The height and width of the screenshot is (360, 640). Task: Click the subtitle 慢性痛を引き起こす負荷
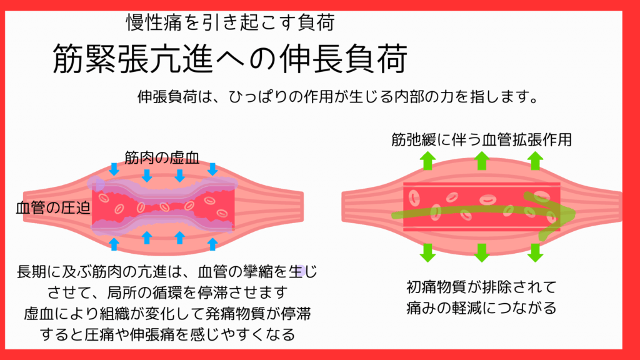231,22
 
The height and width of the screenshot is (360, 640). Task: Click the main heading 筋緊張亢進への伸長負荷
230,59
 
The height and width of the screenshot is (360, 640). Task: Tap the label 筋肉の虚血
162,158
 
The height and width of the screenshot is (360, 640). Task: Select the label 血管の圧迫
53,208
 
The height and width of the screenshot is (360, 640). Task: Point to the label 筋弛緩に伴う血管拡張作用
482,140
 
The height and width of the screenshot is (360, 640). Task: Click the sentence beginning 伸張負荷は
338,97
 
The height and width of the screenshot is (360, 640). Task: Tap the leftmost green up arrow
427,161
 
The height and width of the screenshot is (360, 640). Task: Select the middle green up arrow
482,161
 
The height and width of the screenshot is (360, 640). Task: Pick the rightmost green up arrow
535,161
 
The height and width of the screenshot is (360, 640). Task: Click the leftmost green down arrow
427,252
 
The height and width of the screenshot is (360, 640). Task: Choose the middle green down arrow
482,252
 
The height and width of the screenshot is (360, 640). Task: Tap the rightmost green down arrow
535,252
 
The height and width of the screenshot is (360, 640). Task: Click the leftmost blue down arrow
114,169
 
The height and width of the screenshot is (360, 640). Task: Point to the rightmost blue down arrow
212,169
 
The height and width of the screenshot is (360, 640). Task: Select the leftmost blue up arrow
114,244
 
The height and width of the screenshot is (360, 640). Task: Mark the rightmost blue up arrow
212,244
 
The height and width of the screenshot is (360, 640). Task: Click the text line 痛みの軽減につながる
482,308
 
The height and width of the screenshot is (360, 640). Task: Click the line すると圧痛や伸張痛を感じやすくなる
167,335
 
